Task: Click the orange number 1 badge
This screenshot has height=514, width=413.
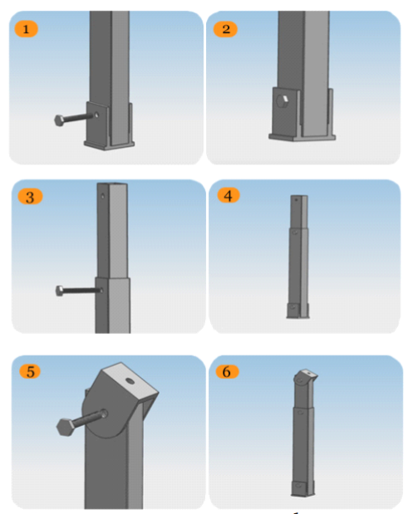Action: click(x=26, y=29)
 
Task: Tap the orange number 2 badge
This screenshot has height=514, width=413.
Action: click(x=225, y=29)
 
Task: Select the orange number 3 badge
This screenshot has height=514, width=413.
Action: click(x=30, y=197)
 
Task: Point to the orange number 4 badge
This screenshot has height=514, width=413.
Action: click(x=229, y=195)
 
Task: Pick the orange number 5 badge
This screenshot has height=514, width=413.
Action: click(x=30, y=372)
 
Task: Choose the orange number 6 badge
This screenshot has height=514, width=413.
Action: click(x=227, y=371)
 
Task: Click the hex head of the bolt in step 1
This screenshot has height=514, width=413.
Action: click(x=59, y=120)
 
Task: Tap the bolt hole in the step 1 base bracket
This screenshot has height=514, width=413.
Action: click(x=96, y=115)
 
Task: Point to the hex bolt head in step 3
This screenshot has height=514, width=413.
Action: click(x=60, y=291)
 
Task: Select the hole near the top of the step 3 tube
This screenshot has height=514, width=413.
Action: click(x=103, y=196)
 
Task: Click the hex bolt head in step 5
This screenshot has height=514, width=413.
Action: click(x=66, y=427)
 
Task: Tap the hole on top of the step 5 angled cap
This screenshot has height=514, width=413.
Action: click(x=130, y=381)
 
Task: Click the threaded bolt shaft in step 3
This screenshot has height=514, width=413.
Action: click(x=81, y=290)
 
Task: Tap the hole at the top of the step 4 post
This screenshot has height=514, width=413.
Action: click(x=296, y=199)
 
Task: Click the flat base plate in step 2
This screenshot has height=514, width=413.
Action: click(x=302, y=137)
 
